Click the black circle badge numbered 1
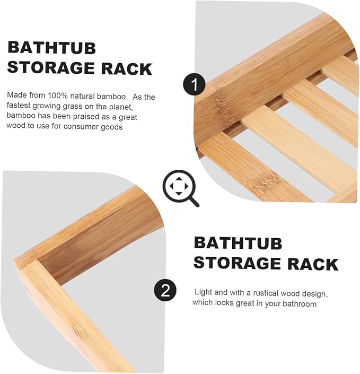tap(195, 85)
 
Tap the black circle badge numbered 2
tap(165, 290)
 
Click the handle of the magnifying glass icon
tap(194, 202)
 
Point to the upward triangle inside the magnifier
tap(179, 179)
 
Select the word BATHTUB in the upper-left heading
tap(52, 47)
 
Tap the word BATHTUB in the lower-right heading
tap(238, 243)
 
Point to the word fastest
tap(19, 105)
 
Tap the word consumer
tap(81, 126)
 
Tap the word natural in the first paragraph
tap(82, 96)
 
